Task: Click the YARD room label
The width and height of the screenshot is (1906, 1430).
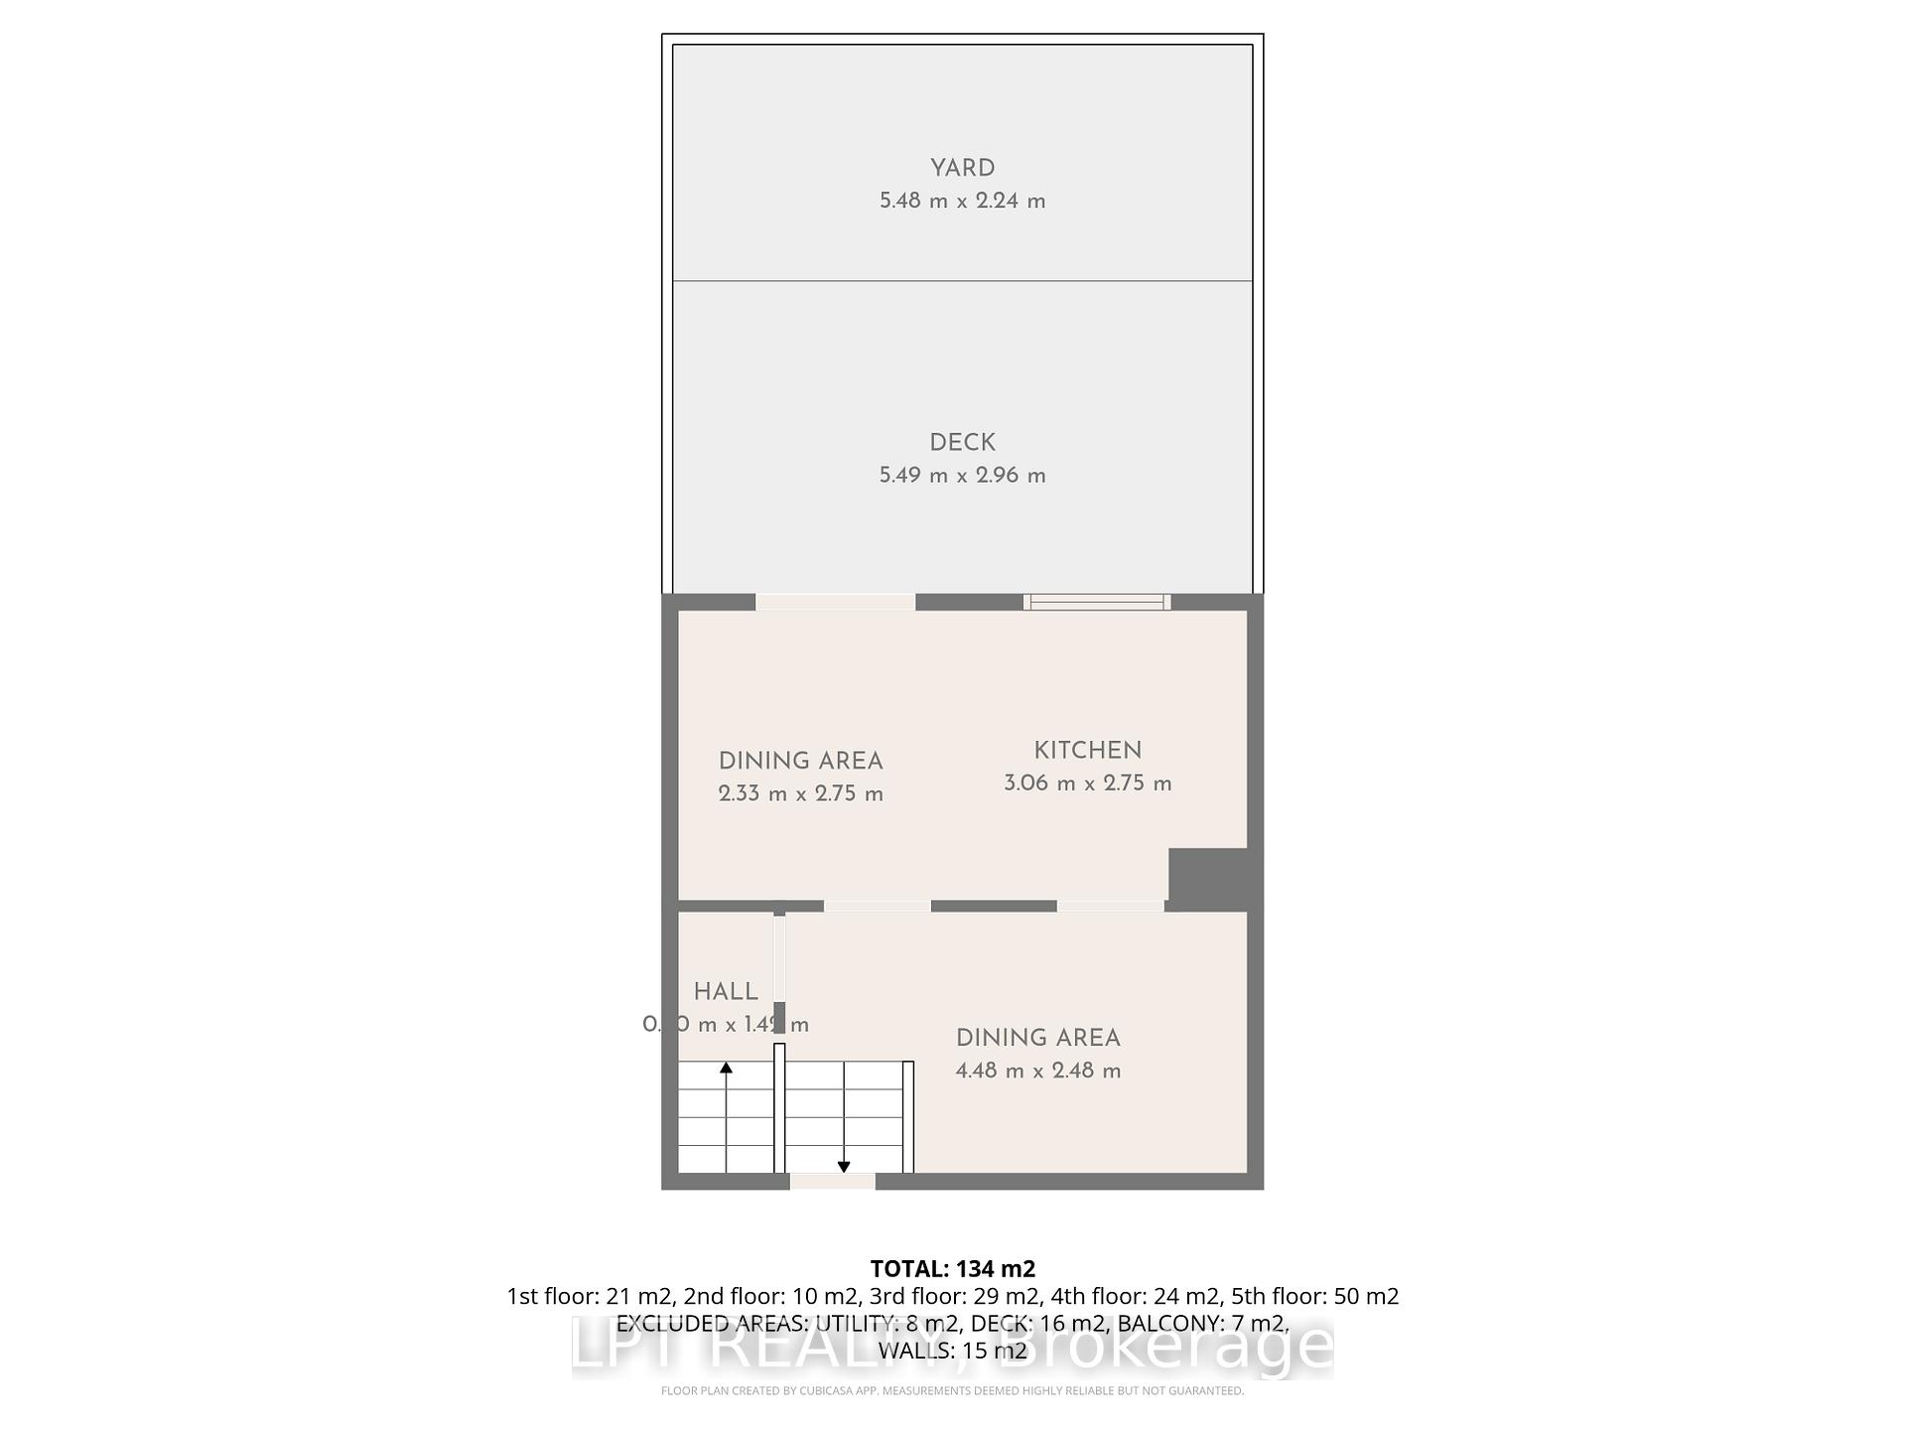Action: click(962, 168)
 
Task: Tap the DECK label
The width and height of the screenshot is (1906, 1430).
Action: click(962, 442)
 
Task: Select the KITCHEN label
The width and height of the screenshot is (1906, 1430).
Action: click(1087, 751)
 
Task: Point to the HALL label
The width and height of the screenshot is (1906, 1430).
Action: click(726, 991)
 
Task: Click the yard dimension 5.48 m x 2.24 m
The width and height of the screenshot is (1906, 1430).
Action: click(962, 201)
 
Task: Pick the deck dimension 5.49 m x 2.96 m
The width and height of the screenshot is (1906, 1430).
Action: click(962, 475)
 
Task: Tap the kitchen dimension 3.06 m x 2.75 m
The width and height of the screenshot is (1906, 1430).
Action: click(1087, 783)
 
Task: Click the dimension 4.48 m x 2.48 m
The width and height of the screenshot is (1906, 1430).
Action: click(1037, 1071)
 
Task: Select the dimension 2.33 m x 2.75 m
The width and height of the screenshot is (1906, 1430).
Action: click(800, 793)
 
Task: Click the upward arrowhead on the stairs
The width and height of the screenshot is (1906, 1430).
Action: click(726, 1068)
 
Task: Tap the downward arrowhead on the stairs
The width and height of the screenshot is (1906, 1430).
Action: click(844, 1167)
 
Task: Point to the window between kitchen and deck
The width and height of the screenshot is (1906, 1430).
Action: click(1097, 602)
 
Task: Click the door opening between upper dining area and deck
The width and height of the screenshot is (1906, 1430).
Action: click(835, 602)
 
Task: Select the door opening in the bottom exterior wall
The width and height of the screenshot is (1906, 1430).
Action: click(832, 1181)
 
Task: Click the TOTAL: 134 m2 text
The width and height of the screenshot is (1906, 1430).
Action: click(952, 1268)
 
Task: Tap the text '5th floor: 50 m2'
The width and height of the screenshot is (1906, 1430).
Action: click(1314, 1296)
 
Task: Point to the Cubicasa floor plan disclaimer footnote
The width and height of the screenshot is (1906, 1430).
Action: click(952, 1391)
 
